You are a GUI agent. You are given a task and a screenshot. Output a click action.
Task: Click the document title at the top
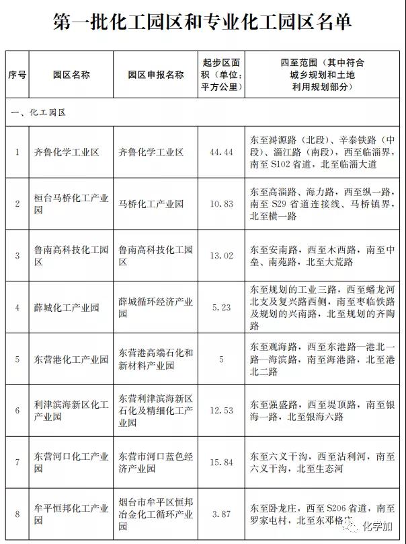pos(202,23)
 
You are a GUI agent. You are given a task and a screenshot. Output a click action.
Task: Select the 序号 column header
pos(17,75)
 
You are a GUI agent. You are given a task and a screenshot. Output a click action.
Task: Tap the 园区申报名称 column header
pos(155,75)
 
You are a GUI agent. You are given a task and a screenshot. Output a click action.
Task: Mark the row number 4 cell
pos(17,307)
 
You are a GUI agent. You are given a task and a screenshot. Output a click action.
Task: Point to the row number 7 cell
pos(17,462)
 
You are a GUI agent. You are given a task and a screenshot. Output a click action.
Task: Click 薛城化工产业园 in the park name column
pos(67,307)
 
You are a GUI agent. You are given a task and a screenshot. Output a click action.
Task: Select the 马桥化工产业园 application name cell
pos(151,203)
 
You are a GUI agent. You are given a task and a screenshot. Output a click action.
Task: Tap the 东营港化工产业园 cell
pos(71,359)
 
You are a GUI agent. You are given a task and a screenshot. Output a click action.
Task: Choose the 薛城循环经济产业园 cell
pos(155,307)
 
